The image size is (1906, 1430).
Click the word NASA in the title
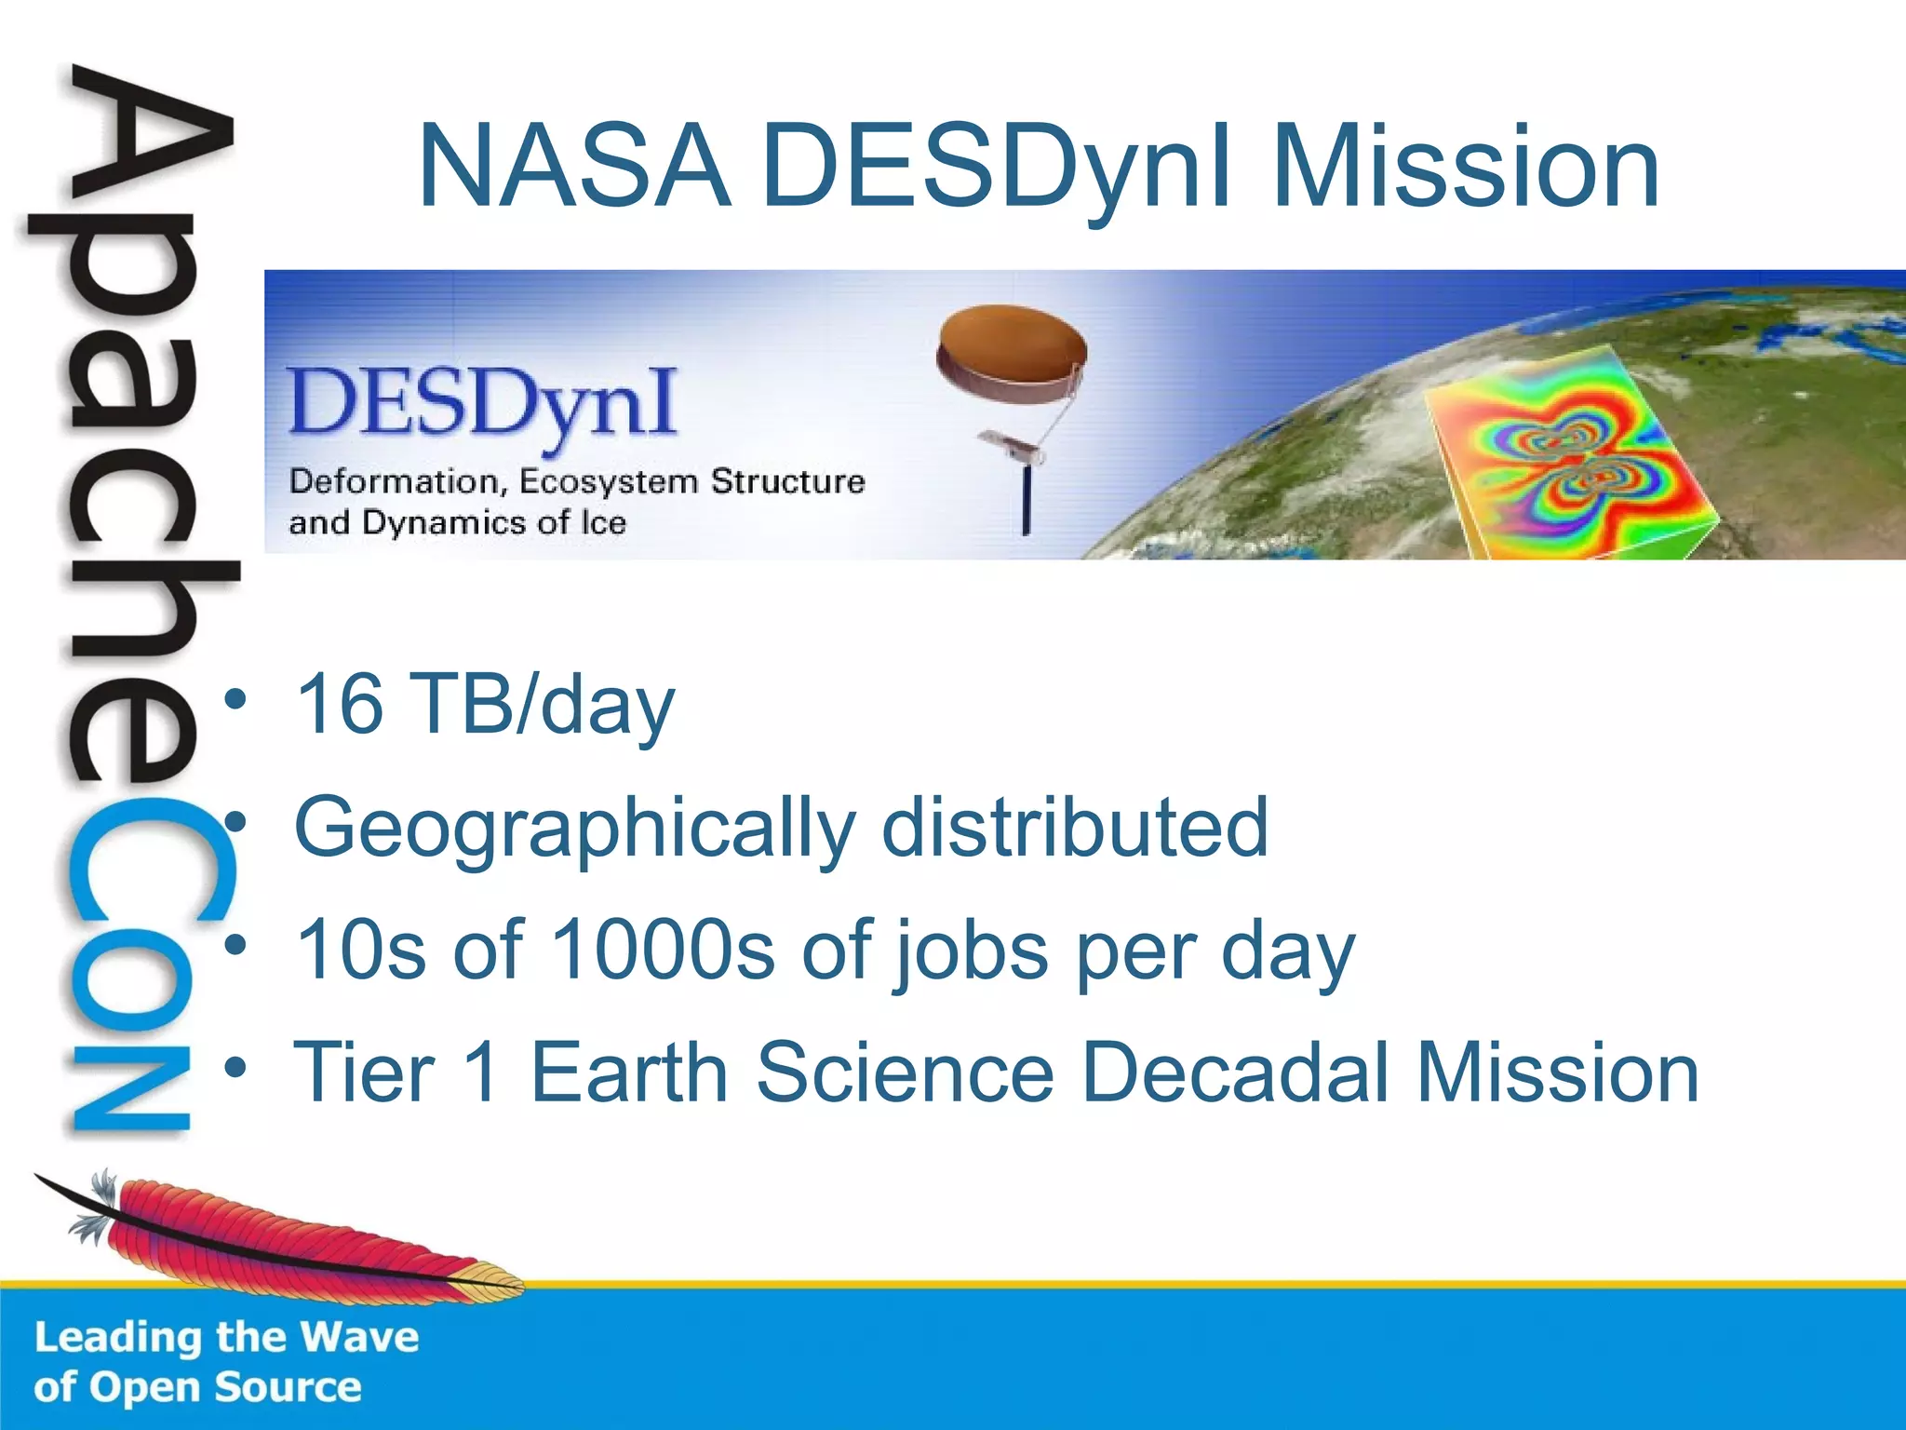point(574,168)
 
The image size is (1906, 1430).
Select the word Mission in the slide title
point(1466,168)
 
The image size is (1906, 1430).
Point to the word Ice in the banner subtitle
point(603,522)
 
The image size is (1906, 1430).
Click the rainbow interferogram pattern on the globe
point(1573,456)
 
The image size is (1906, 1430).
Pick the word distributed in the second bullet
point(1075,826)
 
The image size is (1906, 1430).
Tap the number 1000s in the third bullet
point(663,951)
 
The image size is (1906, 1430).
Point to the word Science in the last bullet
point(905,1072)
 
